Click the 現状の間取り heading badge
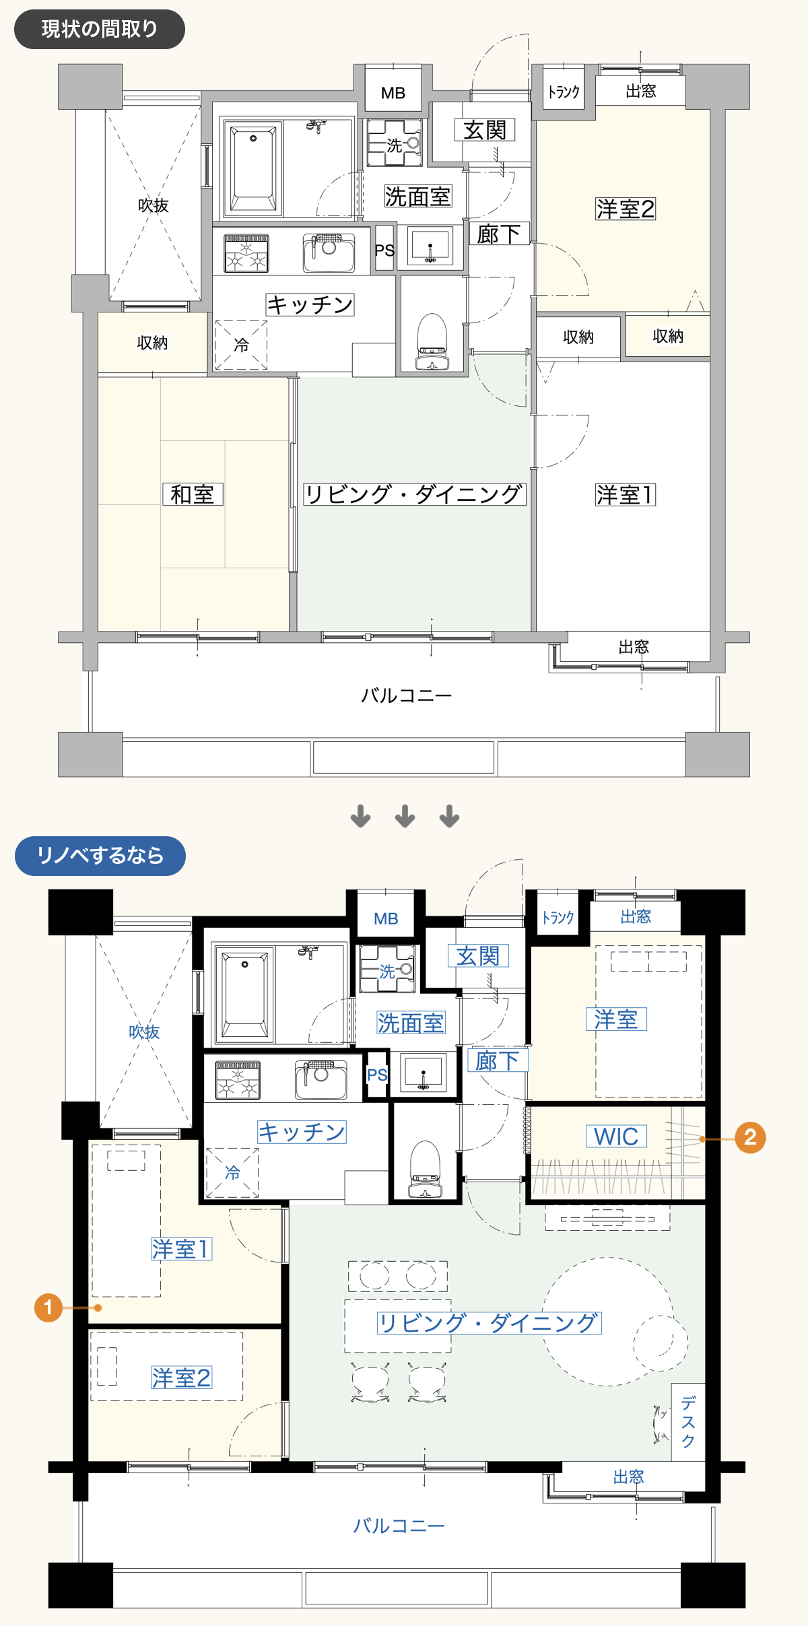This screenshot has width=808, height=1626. click(100, 29)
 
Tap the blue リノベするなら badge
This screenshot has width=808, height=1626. click(100, 856)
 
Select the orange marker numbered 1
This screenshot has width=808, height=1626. click(48, 1308)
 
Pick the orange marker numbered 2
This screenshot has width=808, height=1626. click(750, 1138)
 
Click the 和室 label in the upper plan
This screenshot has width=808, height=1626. click(193, 494)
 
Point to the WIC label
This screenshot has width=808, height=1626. click(616, 1137)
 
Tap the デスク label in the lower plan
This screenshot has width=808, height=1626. click(688, 1422)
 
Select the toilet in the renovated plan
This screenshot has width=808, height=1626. click(425, 1169)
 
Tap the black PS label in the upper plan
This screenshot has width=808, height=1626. click(384, 250)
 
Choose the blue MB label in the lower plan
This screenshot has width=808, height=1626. click(386, 918)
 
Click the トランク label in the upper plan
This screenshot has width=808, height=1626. click(564, 92)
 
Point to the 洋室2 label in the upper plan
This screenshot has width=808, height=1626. click(626, 209)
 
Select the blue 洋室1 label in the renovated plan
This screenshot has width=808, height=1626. click(182, 1249)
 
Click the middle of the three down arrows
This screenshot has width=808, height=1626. click(405, 816)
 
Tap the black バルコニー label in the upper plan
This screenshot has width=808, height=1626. click(407, 695)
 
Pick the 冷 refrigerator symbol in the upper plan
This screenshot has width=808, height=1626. click(241, 345)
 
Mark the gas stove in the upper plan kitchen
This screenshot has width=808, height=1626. click(246, 253)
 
